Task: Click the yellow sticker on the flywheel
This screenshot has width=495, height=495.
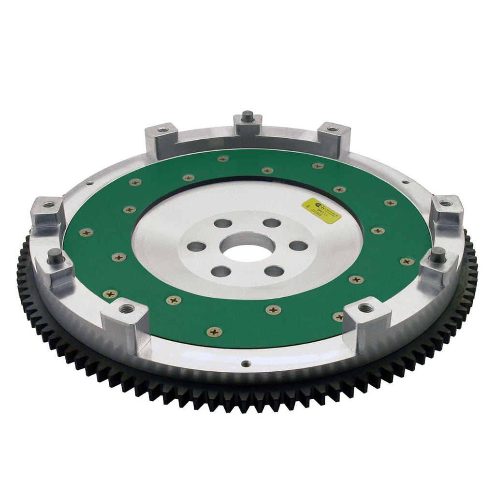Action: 321,211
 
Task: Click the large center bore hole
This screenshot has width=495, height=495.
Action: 247,246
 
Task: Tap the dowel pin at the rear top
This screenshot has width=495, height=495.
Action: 248,116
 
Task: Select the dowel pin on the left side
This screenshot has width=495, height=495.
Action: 56,256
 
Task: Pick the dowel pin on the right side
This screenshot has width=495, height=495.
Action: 437,255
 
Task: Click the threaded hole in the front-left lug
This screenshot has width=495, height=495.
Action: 127,309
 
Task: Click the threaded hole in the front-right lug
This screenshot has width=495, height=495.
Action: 366,307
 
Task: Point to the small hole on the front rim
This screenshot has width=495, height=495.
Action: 246,363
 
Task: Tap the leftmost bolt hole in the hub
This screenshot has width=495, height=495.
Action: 197,247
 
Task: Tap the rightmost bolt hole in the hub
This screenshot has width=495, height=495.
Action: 298,246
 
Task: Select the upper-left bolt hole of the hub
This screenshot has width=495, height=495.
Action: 223,223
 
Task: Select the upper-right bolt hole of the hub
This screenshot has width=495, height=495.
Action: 272,223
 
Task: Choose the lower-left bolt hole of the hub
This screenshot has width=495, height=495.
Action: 221,271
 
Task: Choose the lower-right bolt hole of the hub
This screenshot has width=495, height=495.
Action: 274,271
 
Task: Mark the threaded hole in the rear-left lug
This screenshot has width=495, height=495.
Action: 163,130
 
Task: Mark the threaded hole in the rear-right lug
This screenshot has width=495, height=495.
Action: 333,129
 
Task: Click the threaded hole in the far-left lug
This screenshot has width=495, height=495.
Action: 49,204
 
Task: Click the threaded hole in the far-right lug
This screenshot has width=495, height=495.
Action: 446,203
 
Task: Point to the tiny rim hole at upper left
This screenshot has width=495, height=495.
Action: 89,183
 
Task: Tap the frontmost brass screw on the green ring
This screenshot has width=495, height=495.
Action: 214,332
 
